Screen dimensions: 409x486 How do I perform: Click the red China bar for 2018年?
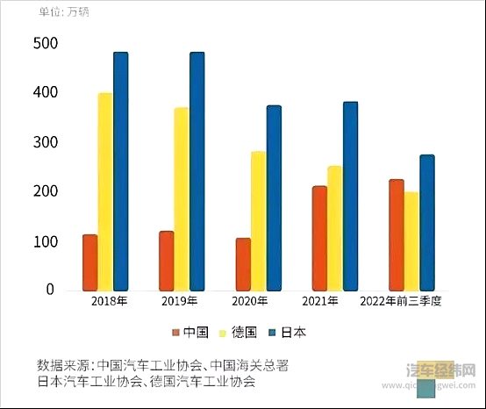[90, 262]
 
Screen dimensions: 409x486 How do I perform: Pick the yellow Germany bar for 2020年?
[259, 220]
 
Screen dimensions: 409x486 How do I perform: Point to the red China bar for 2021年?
[319, 237]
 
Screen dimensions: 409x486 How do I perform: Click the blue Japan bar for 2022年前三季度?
[427, 222]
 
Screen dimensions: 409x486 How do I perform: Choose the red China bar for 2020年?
[243, 263]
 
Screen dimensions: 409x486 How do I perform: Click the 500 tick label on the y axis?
[44, 44]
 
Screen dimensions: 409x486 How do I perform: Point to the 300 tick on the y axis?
[44, 142]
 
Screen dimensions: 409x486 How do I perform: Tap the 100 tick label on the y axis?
[44, 241]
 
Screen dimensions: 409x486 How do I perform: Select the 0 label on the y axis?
[50, 290]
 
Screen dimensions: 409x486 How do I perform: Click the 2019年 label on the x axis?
[181, 302]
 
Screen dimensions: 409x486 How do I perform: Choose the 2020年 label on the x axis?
[250, 302]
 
